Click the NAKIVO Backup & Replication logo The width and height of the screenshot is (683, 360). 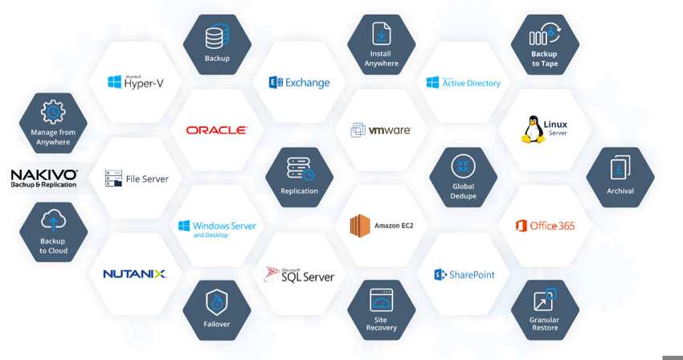(44, 178)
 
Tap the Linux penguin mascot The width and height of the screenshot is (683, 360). (533, 129)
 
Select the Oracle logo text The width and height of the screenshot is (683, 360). (216, 130)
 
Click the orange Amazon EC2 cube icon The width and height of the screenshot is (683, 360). (360, 226)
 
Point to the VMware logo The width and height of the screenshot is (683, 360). (381, 130)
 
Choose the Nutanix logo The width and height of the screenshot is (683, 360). (135, 274)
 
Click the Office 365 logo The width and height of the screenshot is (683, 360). (545, 226)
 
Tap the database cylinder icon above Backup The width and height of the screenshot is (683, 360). (217, 36)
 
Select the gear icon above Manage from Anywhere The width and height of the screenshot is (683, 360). (53, 112)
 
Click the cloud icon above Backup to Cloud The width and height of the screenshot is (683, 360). (53, 220)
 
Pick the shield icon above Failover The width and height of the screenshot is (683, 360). (216, 302)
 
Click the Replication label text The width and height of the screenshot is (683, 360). (299, 191)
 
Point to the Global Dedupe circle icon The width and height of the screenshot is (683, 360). (463, 166)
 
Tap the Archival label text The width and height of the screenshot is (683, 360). (620, 191)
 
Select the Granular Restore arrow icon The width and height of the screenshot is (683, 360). (545, 300)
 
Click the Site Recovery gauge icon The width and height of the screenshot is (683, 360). (381, 300)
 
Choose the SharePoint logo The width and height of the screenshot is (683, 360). (464, 275)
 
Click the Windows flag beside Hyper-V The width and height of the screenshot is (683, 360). (115, 82)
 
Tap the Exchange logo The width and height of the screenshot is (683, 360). (299, 83)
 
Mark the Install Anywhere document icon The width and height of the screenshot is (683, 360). (382, 34)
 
